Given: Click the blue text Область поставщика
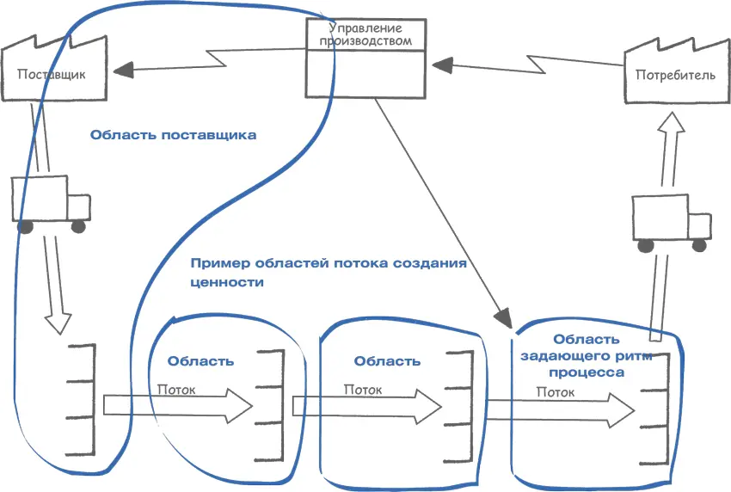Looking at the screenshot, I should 173,135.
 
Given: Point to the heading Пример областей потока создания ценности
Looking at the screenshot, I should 328,272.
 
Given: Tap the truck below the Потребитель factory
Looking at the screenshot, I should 672,219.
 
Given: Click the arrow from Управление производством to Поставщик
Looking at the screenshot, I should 206,60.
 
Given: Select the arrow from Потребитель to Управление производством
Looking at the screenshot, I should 525,62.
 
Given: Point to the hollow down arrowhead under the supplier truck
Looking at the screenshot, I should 58,323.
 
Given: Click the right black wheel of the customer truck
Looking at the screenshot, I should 699,245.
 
